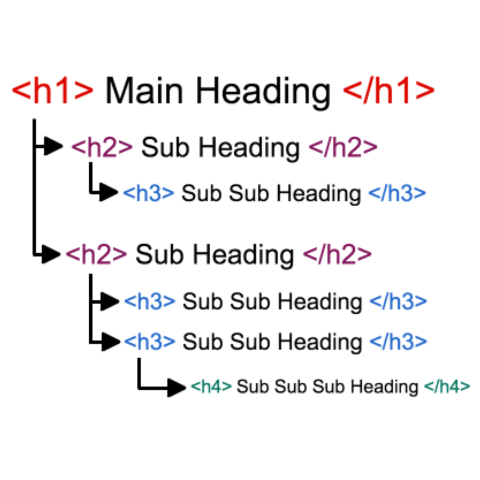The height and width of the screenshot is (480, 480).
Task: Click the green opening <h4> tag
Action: point(211,387)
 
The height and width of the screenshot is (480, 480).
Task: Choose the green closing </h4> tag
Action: point(447,387)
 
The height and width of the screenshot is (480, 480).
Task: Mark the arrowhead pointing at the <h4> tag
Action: point(176,388)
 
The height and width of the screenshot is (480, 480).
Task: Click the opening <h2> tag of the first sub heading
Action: point(102,148)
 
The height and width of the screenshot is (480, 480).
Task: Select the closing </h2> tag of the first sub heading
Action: point(343,148)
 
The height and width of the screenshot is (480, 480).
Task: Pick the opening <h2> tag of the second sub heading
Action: point(96,254)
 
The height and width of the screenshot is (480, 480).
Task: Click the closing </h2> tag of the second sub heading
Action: point(337,254)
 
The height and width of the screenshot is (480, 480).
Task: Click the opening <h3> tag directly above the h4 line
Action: point(150,341)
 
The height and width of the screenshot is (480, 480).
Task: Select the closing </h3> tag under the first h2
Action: point(397,193)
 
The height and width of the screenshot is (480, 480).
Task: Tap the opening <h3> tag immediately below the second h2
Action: point(150,302)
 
